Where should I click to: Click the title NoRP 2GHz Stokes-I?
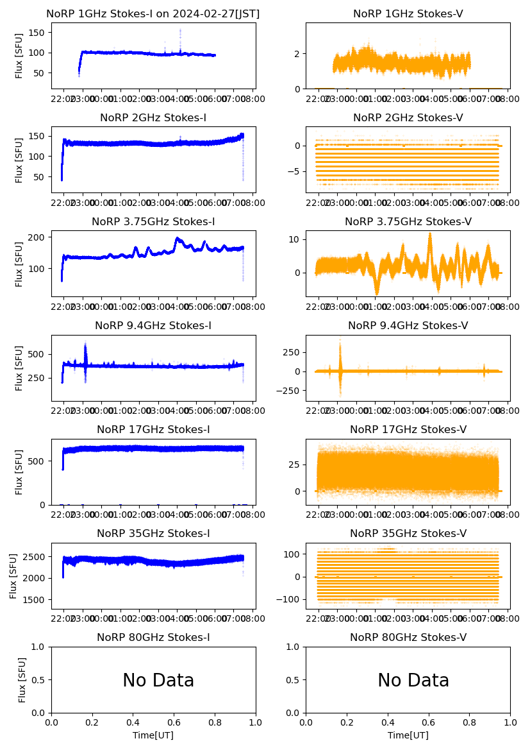tap(153, 118)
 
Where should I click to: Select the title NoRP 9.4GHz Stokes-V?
tap(408, 326)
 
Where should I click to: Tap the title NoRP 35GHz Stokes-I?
tap(153, 534)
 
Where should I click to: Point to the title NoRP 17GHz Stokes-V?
tap(408, 430)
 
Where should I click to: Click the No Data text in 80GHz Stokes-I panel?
tap(158, 681)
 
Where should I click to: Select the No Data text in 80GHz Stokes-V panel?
tap(413, 681)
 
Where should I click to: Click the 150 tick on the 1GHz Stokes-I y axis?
tap(40, 32)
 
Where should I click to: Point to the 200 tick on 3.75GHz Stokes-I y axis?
tap(40, 237)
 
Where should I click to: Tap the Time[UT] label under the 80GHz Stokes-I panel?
tap(153, 735)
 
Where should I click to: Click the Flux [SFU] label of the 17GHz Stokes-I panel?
tap(19, 472)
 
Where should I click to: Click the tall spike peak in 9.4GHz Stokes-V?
tap(340, 339)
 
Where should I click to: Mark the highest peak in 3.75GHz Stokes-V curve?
tap(430, 234)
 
